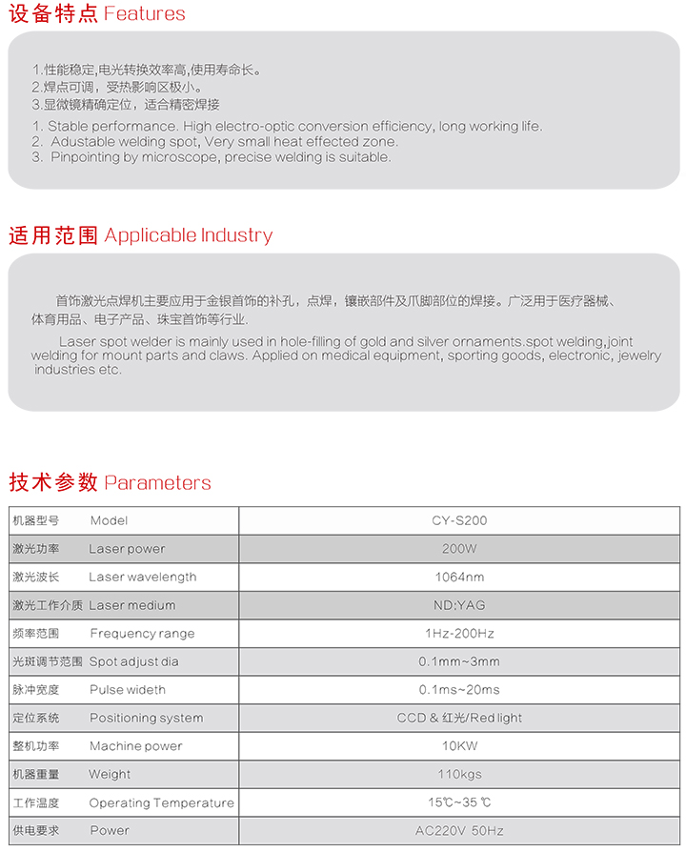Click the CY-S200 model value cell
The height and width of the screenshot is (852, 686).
point(459,520)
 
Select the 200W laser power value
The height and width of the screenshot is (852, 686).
point(459,549)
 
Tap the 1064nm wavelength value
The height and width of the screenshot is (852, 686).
point(459,577)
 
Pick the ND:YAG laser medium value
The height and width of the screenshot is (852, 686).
point(459,605)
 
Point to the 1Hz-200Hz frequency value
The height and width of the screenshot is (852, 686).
point(459,633)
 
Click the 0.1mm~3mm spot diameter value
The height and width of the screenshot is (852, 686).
point(459,661)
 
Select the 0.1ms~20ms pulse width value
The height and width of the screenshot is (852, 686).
point(459,689)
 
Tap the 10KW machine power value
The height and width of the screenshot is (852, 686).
point(459,745)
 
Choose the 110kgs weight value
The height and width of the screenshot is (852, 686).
point(459,774)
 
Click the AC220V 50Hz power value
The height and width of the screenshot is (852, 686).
point(459,830)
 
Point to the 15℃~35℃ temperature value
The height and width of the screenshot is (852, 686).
point(459,802)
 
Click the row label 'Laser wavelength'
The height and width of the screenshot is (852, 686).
point(143,577)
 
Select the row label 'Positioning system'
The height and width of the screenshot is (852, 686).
point(146,718)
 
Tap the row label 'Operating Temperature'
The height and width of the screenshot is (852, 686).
point(161,802)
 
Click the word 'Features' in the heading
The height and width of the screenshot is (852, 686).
point(144,14)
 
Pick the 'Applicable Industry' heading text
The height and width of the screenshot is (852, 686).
point(188,235)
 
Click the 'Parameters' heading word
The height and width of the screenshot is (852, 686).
point(157,483)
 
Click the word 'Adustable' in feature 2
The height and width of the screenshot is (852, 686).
point(84,142)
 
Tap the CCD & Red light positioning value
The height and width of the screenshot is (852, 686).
point(459,718)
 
